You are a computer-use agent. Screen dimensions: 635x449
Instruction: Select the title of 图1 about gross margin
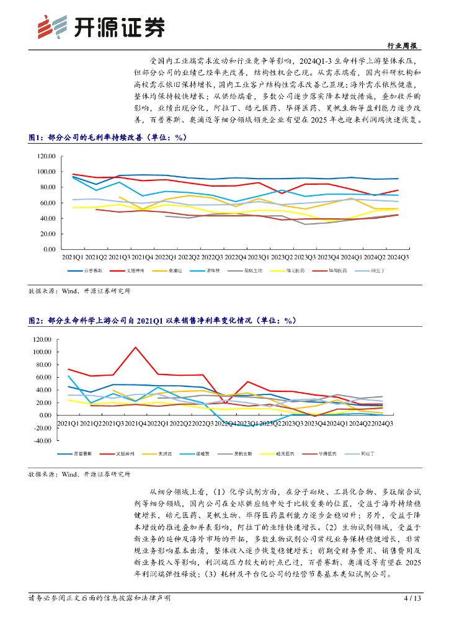tap(108, 138)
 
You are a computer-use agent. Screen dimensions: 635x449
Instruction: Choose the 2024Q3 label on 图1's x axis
tap(397, 257)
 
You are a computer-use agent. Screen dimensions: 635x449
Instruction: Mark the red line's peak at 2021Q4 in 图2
tap(136, 347)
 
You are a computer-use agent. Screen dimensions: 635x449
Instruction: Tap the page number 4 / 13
tap(412, 598)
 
